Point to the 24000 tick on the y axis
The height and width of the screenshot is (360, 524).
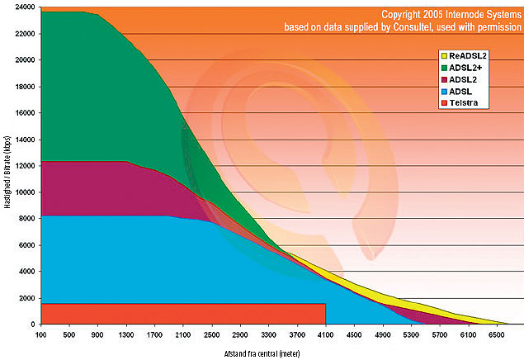point(24,7)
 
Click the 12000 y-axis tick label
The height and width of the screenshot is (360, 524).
point(24,165)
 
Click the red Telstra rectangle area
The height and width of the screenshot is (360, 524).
point(182,313)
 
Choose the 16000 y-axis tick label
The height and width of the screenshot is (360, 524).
point(24,112)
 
